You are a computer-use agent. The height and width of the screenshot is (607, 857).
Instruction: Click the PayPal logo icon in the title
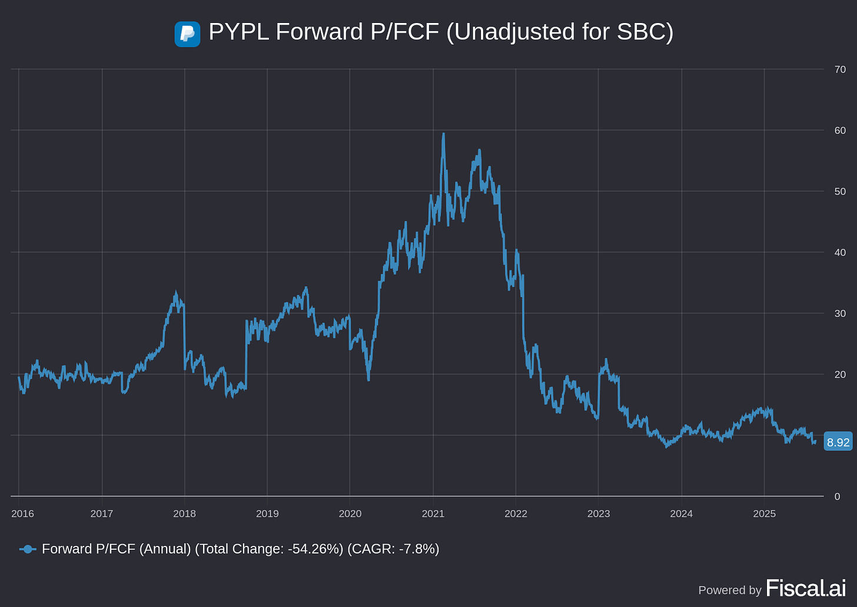(187, 34)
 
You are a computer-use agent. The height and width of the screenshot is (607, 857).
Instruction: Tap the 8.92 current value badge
(838, 442)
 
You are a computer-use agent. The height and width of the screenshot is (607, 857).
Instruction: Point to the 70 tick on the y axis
(840, 69)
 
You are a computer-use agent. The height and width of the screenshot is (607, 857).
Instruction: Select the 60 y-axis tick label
(840, 131)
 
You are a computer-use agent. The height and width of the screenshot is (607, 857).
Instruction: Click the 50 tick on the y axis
(840, 192)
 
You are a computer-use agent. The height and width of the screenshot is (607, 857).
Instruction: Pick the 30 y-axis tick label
(840, 313)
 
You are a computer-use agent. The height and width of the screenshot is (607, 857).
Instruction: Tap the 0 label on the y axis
(837, 496)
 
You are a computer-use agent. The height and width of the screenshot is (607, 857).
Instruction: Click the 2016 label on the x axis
(22, 513)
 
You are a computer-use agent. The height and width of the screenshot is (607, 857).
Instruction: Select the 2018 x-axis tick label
(184, 513)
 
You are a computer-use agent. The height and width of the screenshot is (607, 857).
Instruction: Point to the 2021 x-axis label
(433, 513)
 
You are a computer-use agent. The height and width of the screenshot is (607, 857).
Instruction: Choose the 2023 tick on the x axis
(599, 513)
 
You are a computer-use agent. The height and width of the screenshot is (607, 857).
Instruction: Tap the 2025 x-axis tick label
(764, 513)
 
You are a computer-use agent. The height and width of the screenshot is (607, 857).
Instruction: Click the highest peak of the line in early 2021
(443, 134)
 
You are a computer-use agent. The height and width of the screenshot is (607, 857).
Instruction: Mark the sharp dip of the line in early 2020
(368, 379)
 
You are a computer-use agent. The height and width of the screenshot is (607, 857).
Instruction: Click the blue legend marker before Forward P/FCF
(28, 549)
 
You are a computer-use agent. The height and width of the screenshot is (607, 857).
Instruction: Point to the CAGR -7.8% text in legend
(393, 549)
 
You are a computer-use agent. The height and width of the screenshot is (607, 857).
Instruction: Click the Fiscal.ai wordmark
(805, 588)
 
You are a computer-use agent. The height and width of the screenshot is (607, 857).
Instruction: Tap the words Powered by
(729, 590)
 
